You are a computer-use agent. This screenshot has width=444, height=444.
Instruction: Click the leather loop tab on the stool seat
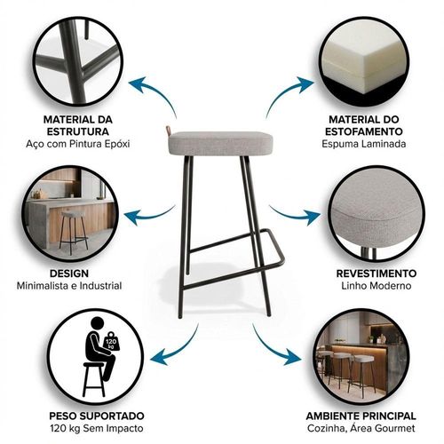169,130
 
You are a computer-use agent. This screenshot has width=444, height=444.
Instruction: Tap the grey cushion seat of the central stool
220,143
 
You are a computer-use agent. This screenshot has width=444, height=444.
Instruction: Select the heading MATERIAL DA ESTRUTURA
78,125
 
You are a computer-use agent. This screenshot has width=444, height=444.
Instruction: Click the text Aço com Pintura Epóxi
78,144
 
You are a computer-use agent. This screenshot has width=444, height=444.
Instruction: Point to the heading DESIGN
69,274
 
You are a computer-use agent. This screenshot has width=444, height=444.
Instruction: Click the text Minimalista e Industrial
69,286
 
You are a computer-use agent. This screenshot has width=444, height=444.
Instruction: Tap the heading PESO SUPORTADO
97,416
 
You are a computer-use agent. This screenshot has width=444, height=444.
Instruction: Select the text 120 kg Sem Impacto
97,428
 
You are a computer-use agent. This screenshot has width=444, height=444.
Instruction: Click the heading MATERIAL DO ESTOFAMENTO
364,125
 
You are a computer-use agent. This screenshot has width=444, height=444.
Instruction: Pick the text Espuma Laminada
364,144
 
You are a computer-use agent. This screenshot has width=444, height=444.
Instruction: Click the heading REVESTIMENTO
377,274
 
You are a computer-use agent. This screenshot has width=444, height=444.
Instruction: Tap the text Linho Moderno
377,286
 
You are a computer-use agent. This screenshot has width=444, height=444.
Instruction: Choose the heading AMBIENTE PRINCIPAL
361,416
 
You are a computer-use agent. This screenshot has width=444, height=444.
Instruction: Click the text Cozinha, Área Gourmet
361,428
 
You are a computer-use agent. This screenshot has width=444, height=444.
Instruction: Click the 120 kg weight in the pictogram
112,342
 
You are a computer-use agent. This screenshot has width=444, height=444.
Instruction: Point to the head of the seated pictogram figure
98,325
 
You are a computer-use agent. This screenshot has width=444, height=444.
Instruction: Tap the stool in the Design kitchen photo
73,232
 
